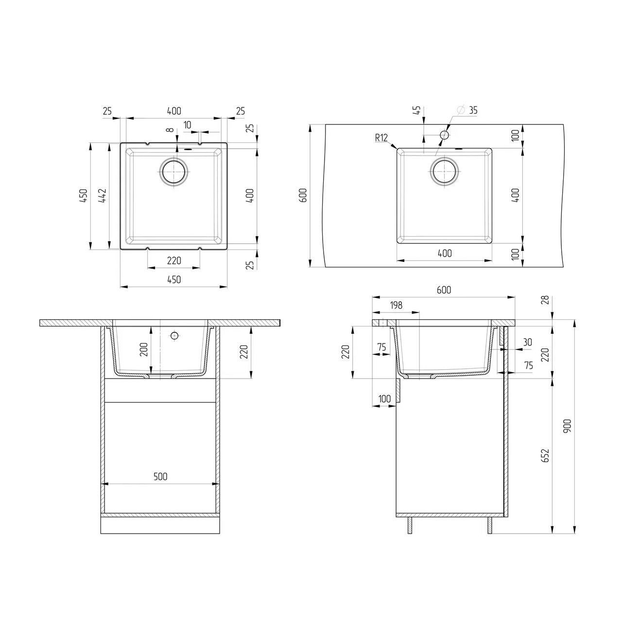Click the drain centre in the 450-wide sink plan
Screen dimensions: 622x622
click(x=173, y=172)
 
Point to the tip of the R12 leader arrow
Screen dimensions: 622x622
click(x=397, y=149)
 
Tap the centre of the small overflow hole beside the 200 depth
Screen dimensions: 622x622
click(x=175, y=335)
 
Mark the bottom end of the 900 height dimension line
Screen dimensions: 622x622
click(x=574, y=534)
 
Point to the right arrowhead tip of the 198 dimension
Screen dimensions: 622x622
click(x=419, y=312)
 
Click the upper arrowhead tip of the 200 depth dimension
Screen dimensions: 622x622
click(x=151, y=327)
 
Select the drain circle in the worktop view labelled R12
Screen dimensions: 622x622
click(x=445, y=172)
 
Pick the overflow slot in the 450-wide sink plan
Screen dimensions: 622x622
click(x=188, y=150)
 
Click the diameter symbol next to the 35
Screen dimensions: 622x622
click(x=461, y=110)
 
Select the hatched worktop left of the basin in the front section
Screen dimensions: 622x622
click(x=76, y=323)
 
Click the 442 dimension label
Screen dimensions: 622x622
click(x=103, y=196)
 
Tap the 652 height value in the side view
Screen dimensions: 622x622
click(x=545, y=455)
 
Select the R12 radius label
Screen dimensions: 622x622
click(x=381, y=138)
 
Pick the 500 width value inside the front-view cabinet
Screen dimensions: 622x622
click(x=160, y=476)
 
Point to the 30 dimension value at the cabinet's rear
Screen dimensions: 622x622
click(x=527, y=342)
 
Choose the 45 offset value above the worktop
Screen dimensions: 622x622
click(x=417, y=111)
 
